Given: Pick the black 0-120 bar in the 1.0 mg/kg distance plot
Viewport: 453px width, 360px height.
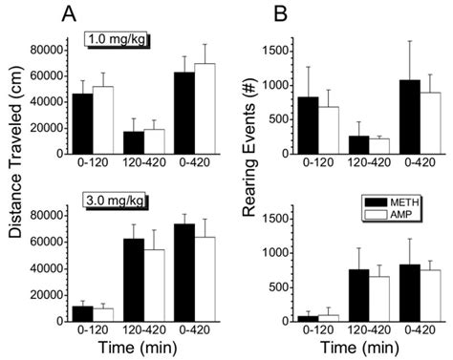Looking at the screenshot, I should coord(83,124).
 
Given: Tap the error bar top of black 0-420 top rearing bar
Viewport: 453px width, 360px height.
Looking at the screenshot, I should coord(410,41).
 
